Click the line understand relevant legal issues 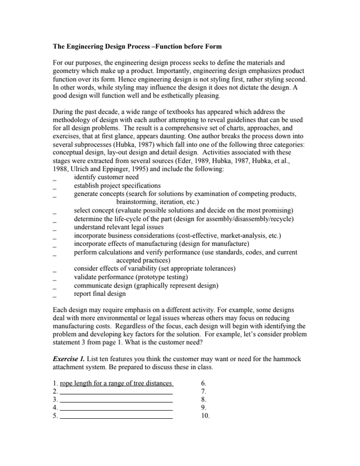click(119, 227)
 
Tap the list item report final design click(100, 294)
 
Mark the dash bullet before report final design click(54, 295)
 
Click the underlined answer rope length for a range click(116, 383)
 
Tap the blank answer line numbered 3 click(116, 401)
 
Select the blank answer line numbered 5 click(116, 417)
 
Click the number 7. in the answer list click(203, 391)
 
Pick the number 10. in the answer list click(205, 416)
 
